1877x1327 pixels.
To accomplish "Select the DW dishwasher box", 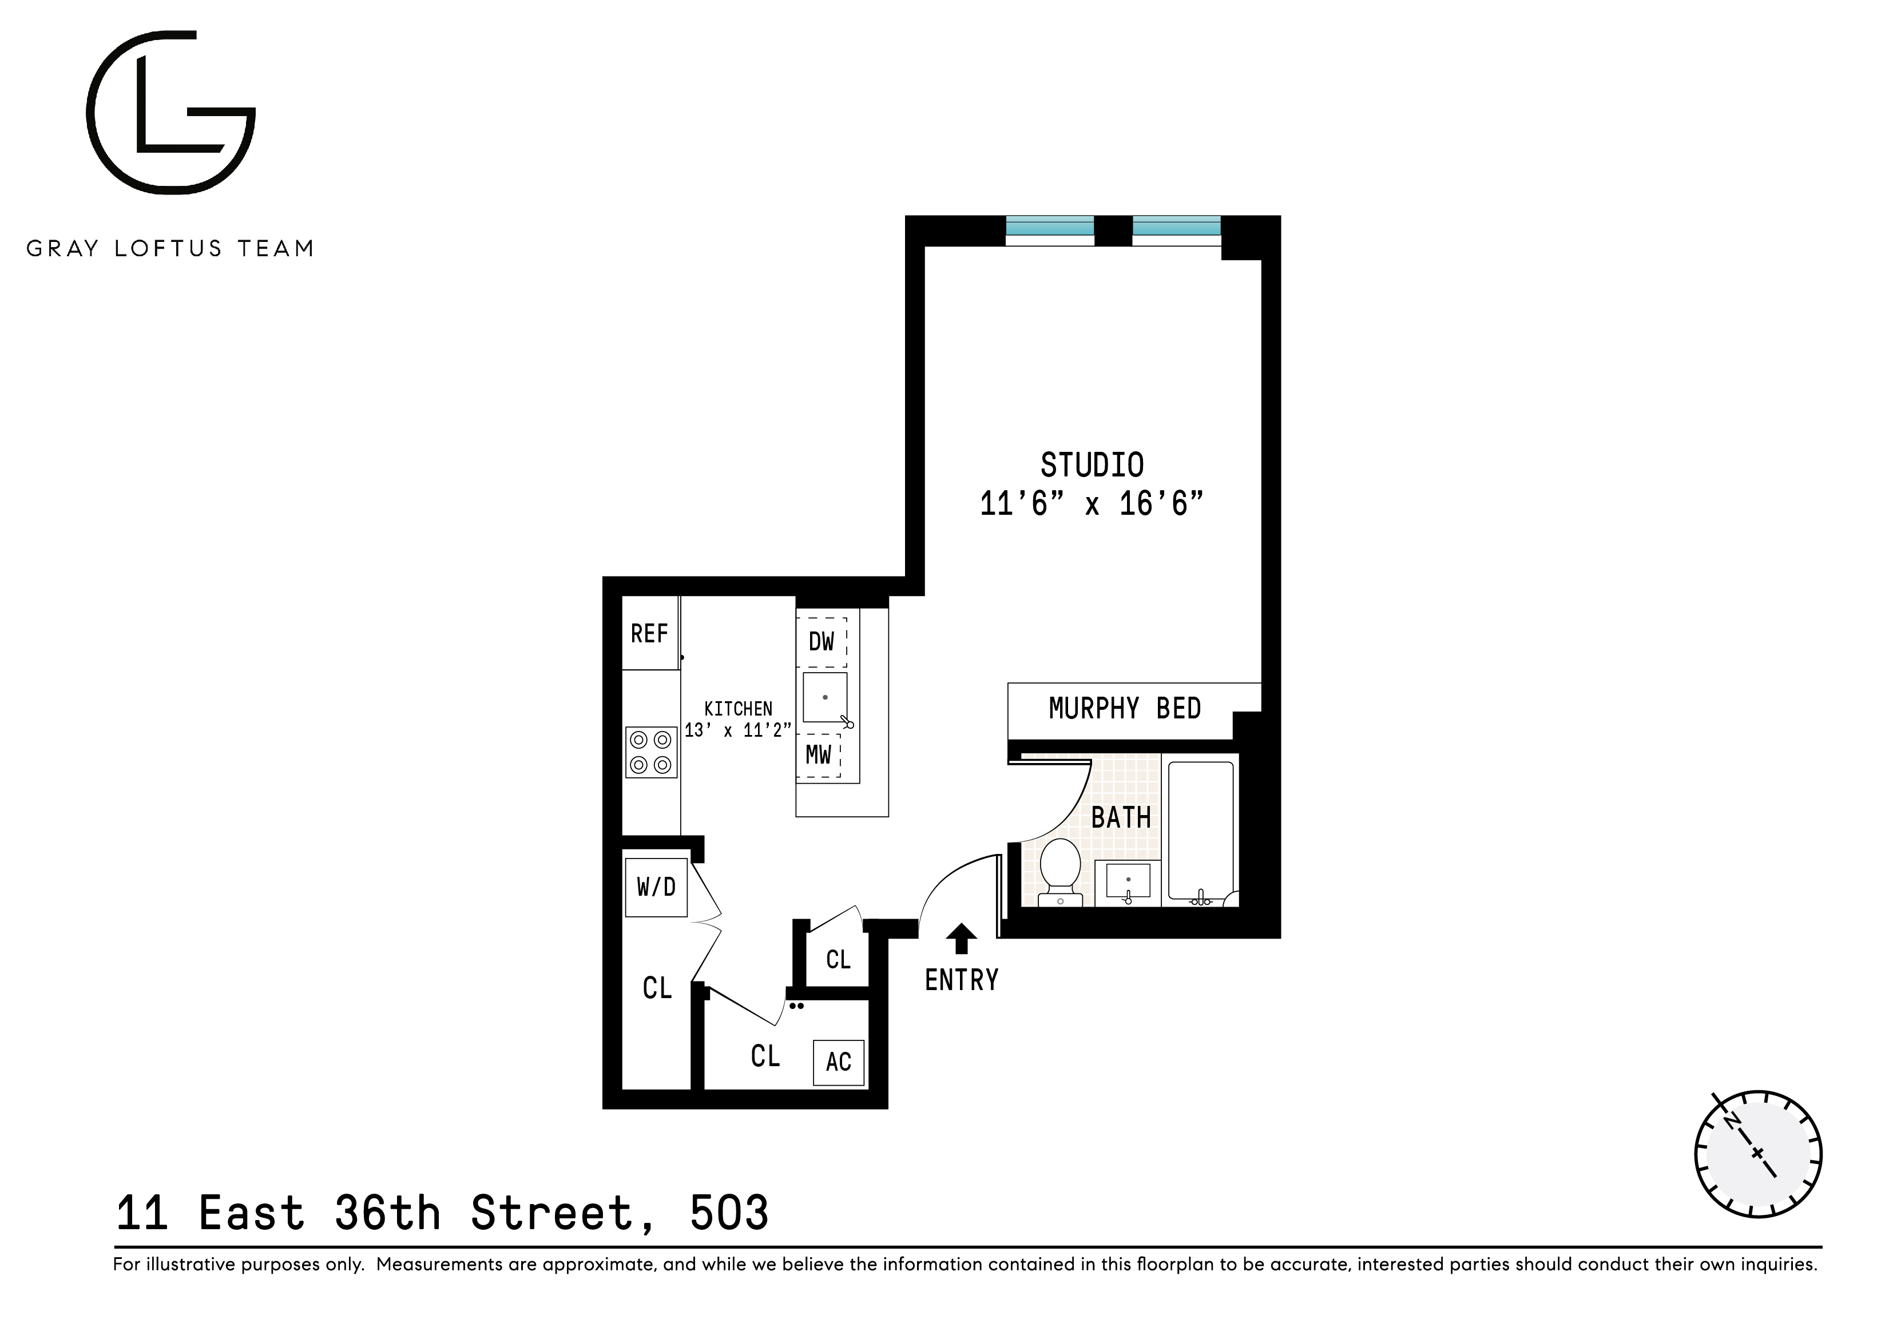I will pyautogui.click(x=822, y=641).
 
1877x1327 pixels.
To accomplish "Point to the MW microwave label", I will pyautogui.click(x=818, y=754).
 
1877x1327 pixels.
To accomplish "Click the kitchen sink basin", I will pyautogui.click(x=825, y=697).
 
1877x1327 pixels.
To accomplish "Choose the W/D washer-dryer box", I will pyautogui.click(x=656, y=887).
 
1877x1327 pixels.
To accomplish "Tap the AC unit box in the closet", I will pyautogui.click(x=839, y=1062).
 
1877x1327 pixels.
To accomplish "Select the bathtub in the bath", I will pyautogui.click(x=1200, y=829).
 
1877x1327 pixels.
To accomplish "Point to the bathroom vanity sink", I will pyautogui.click(x=1128, y=881).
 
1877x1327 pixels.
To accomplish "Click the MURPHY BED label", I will pyautogui.click(x=1125, y=709).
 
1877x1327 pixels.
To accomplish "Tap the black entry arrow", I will pyautogui.click(x=962, y=937).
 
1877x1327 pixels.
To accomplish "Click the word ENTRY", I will pyautogui.click(x=962, y=980).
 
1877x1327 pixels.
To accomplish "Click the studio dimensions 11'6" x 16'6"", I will pyautogui.click(x=1092, y=504).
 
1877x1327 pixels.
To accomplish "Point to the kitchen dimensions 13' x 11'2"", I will pyautogui.click(x=737, y=730).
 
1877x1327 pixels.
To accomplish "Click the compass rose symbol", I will pyautogui.click(x=1757, y=1153).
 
